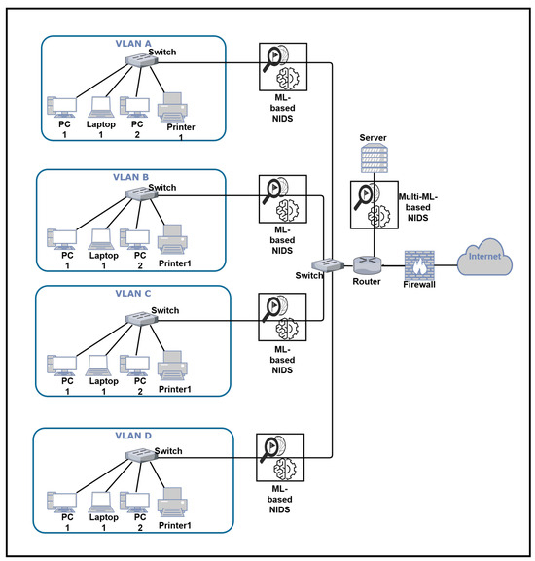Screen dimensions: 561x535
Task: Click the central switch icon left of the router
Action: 328,264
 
